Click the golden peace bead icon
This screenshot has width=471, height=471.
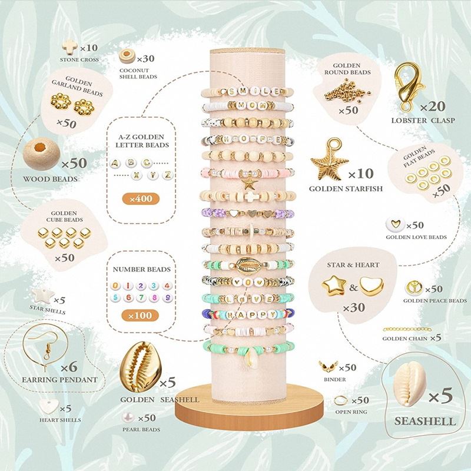pos(413,289)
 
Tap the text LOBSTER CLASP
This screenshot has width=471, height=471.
pos(420,121)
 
